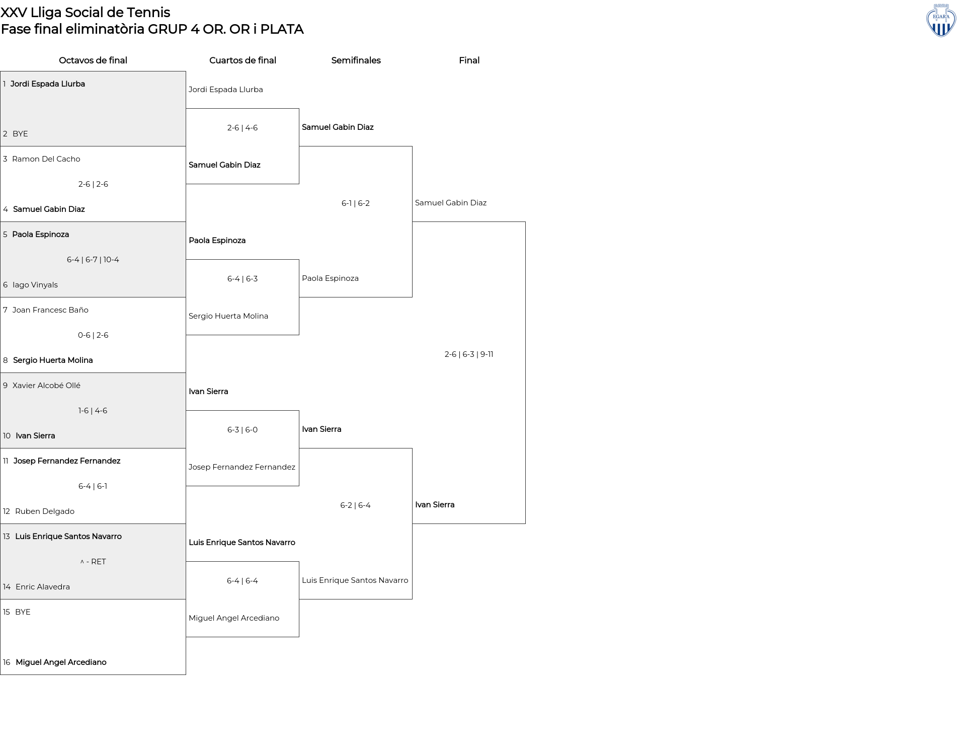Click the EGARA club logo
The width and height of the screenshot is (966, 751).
pyautogui.click(x=941, y=20)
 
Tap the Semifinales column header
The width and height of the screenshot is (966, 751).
pyautogui.click(x=356, y=60)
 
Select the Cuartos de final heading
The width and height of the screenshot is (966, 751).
pyautogui.click(x=243, y=60)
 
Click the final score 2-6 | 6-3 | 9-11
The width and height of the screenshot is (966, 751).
pyautogui.click(x=469, y=354)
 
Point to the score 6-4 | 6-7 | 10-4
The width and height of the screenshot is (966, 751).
pyautogui.click(x=93, y=260)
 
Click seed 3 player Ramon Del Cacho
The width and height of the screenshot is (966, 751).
pyautogui.click(x=46, y=159)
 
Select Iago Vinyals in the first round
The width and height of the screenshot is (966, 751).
pyautogui.click(x=35, y=285)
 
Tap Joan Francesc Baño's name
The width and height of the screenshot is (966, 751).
pyautogui.click(x=50, y=310)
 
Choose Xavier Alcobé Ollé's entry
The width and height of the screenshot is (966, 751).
pyautogui.click(x=46, y=386)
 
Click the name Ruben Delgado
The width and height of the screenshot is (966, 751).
pyautogui.click(x=45, y=511)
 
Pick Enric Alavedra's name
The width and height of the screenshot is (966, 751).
pyautogui.click(x=43, y=587)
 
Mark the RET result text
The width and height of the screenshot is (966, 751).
pyautogui.click(x=99, y=562)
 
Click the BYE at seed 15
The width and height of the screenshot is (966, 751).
pyautogui.click(x=23, y=612)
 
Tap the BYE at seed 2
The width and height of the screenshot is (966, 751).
pyautogui.click(x=20, y=134)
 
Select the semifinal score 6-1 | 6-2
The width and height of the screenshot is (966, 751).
pyautogui.click(x=356, y=203)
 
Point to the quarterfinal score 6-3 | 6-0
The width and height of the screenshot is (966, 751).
pyautogui.click(x=243, y=430)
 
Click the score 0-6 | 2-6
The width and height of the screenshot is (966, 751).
pyautogui.click(x=93, y=335)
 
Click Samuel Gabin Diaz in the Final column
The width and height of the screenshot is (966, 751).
pyautogui.click(x=451, y=203)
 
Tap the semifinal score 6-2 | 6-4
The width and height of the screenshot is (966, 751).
pyautogui.click(x=356, y=505)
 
